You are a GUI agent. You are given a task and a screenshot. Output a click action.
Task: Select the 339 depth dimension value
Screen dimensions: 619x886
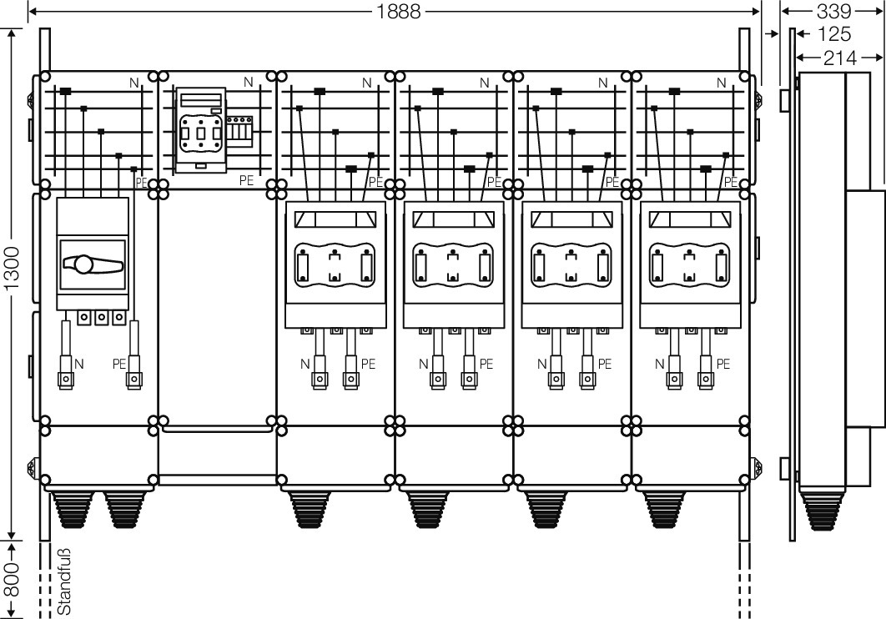click(833, 12)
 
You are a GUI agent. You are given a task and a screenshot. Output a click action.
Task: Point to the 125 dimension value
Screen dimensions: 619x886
click(833, 34)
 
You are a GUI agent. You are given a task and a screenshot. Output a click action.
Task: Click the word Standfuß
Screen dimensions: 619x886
click(63, 581)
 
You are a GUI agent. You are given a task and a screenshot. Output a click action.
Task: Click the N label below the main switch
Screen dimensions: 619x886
click(79, 364)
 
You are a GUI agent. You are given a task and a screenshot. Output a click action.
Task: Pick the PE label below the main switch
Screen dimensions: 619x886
click(118, 364)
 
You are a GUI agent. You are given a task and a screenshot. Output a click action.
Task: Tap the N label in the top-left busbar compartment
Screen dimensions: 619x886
click(134, 83)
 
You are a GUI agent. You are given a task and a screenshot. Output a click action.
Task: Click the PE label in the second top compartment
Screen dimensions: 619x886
click(247, 179)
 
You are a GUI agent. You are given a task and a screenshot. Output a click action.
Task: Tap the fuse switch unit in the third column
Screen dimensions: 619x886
click(335, 263)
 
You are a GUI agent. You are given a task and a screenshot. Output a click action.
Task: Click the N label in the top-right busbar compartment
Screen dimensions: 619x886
click(722, 83)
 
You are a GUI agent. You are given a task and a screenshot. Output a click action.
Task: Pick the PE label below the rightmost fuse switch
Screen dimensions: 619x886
click(723, 364)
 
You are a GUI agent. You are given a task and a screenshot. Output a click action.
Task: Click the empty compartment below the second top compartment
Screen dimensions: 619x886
click(217, 309)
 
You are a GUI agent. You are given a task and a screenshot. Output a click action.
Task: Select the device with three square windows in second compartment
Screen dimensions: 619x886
click(200, 131)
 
